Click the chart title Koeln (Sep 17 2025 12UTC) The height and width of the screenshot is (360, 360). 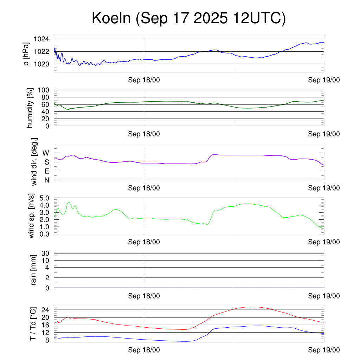coord(189,18)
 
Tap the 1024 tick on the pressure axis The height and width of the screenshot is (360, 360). coord(41,39)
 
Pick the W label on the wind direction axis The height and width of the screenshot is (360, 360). coord(46,153)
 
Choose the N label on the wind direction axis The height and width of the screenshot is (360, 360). coord(46,180)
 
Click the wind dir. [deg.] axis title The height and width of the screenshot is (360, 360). coord(34,162)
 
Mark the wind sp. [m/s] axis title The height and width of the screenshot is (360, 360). coord(31,216)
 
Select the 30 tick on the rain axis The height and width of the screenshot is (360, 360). coord(45,253)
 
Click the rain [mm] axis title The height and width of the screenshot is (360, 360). coord(34,270)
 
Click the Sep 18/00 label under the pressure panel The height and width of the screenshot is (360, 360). coord(144,80)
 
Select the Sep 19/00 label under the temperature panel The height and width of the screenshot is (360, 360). coord(324,350)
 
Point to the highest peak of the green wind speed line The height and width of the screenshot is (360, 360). coord(69,202)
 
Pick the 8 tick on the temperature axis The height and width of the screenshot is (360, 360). coord(47,340)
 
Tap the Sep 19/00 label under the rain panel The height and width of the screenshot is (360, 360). coord(324,296)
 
